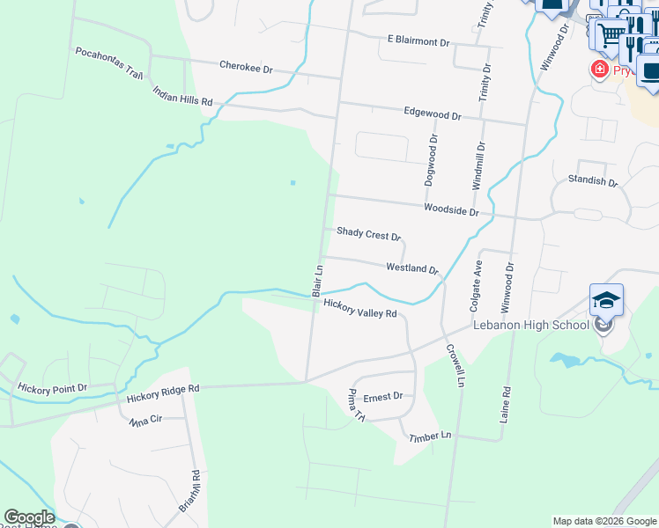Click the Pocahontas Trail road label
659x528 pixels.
pos(109,63)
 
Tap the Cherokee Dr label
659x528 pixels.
pos(246,68)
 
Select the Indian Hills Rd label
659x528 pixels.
pos(182,96)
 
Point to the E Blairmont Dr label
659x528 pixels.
pos(418,41)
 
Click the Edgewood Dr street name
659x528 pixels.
pos(432,115)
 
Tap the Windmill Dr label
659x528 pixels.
pos(478,166)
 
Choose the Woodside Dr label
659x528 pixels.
pos(450,211)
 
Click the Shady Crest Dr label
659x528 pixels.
pos(368,235)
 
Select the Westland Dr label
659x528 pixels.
pos(411,268)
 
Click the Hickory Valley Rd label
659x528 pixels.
pos(360,308)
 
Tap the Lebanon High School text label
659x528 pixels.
pos(530,325)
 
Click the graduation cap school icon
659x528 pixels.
pos(606,300)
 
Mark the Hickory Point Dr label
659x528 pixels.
pos(53,387)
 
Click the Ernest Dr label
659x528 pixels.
pos(382,397)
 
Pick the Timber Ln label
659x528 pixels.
pos(429,436)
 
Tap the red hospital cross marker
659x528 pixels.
pos(600,69)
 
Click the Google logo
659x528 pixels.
pos(28,517)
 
